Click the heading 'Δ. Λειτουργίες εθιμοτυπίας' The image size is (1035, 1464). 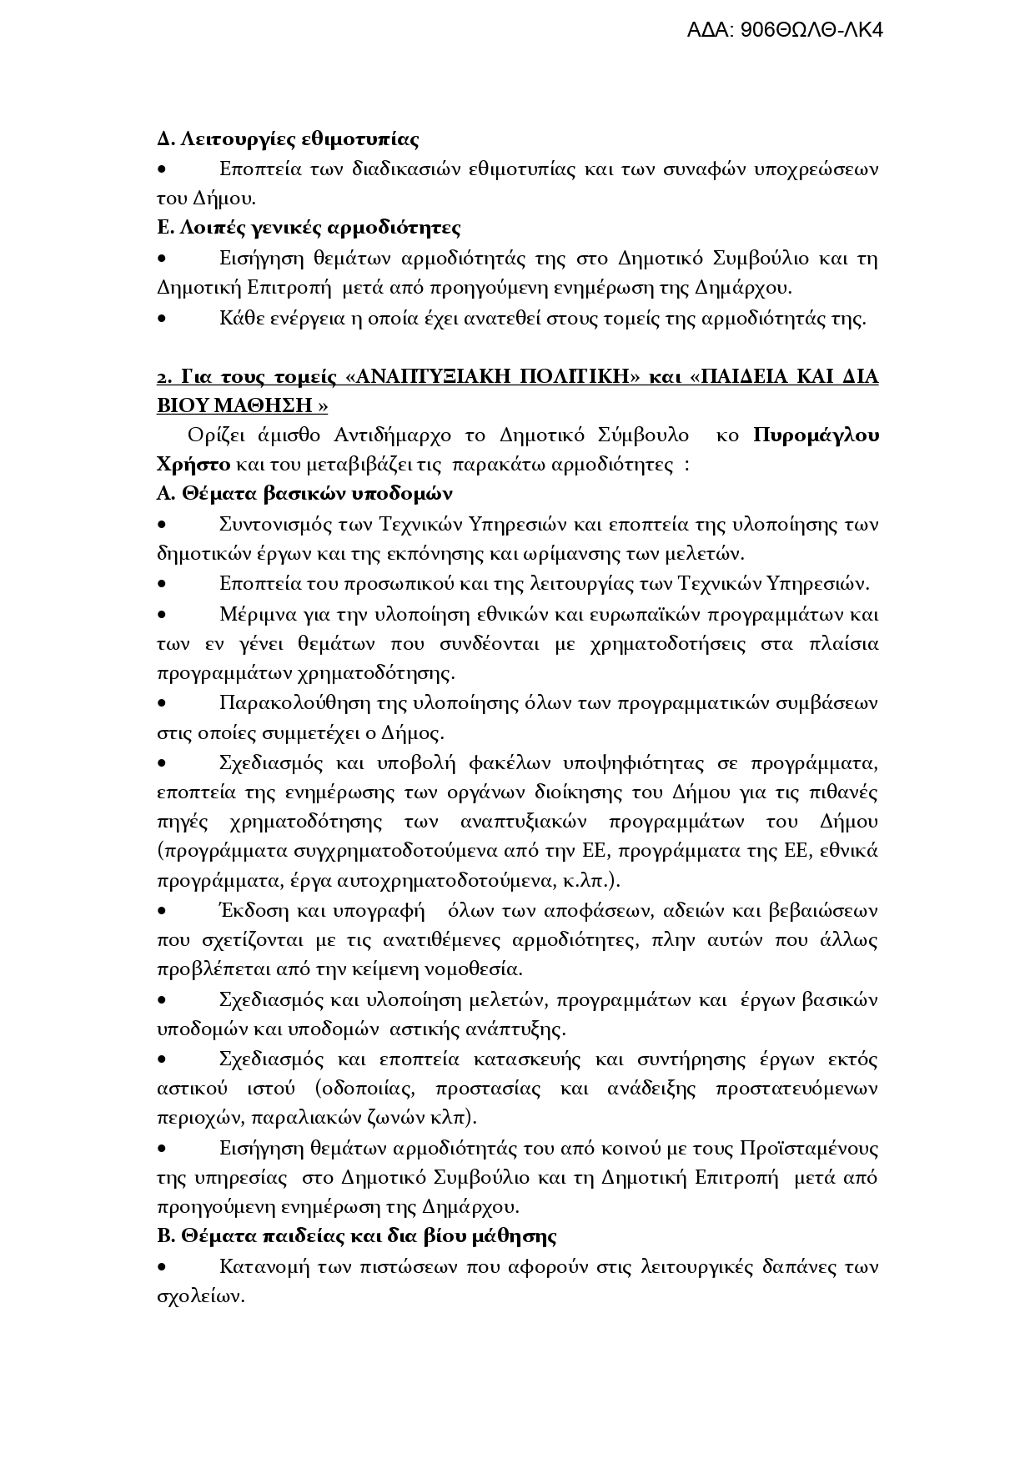288,138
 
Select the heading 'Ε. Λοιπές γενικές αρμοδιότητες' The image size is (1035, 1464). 309,228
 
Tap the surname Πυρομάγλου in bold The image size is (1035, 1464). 816,435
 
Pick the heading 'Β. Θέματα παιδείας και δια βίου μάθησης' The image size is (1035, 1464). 356,1236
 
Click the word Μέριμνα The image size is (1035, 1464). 254,615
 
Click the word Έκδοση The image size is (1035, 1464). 247,911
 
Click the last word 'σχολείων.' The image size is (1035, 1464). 200,1297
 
